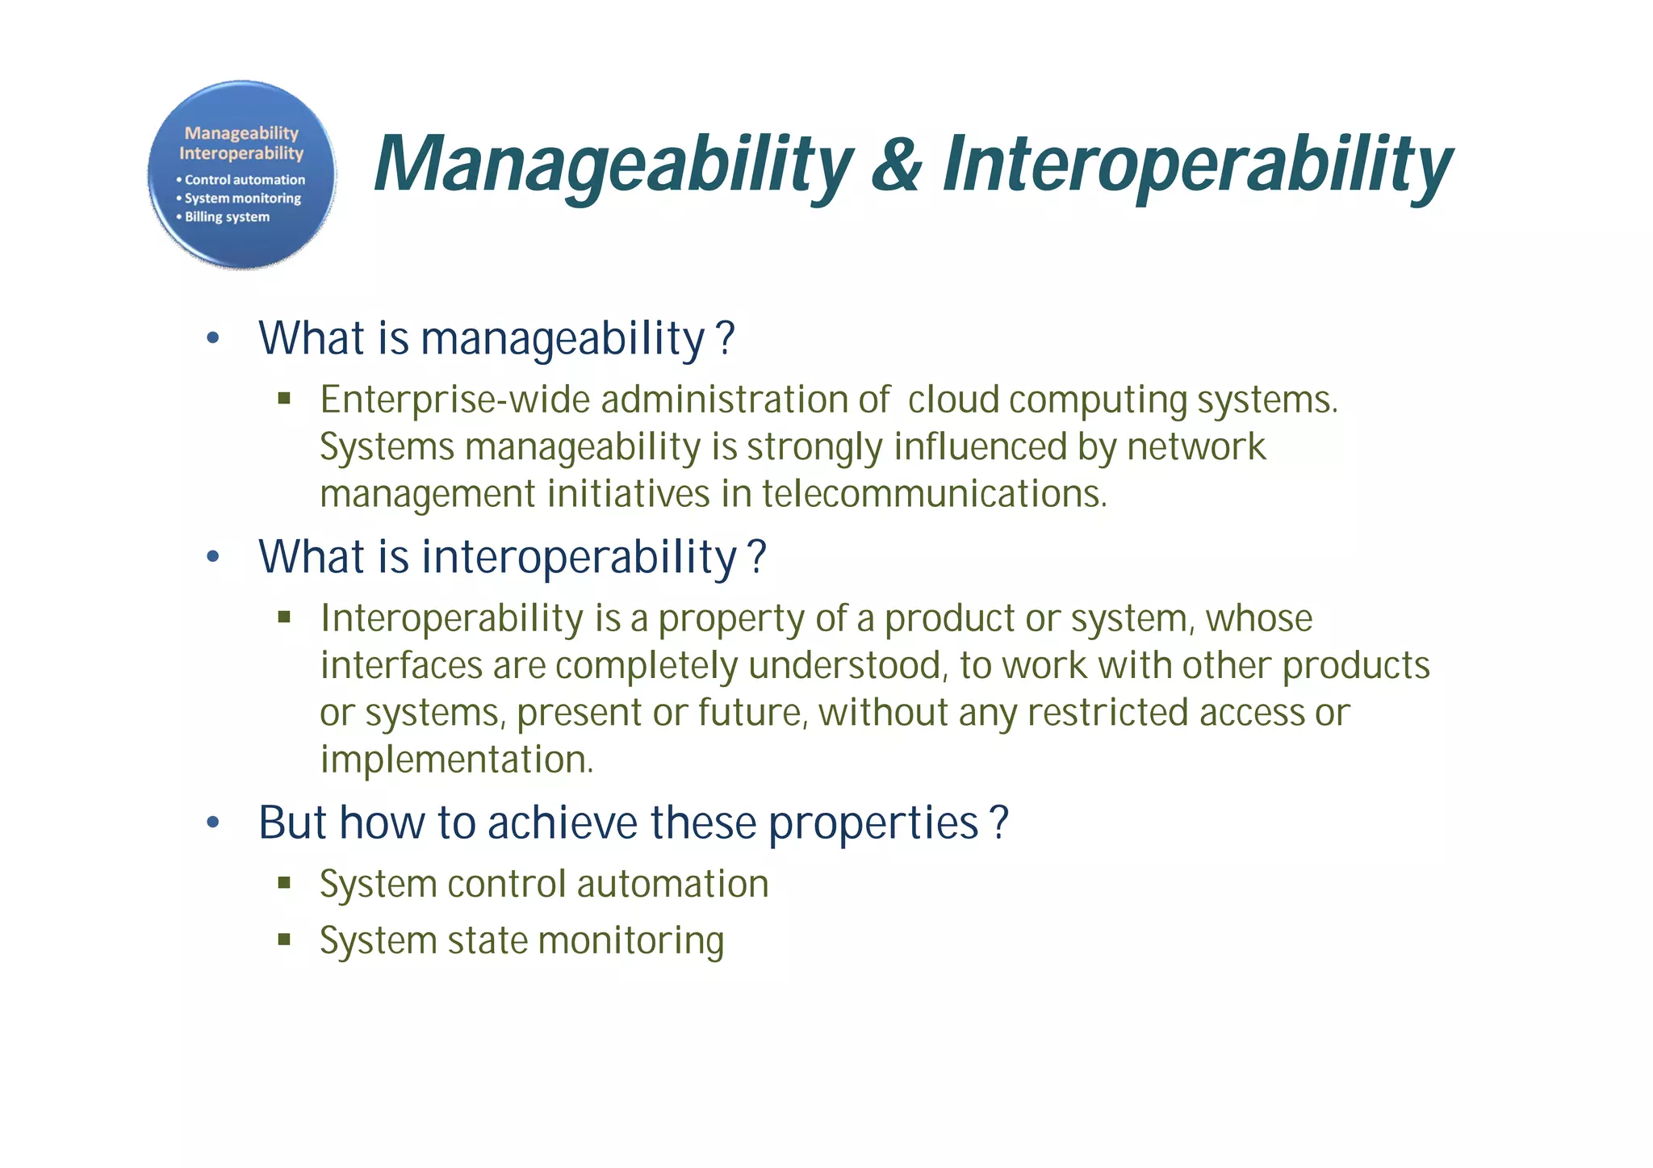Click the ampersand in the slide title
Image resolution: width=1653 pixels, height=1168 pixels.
tap(897, 165)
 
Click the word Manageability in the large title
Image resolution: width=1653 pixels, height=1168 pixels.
tap(613, 165)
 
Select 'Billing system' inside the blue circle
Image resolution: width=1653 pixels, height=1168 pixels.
tap(227, 217)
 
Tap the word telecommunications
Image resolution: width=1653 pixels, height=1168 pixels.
tap(934, 494)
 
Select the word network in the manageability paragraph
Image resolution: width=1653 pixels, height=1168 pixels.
tap(1196, 447)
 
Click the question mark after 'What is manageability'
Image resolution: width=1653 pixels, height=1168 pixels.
tap(726, 338)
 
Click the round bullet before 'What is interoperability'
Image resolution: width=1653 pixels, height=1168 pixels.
tap(212, 557)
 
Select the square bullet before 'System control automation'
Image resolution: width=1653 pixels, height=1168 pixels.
tap(283, 882)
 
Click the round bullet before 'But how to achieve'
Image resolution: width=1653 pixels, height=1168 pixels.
tap(212, 823)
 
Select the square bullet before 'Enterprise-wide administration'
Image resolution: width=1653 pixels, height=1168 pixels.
tap(283, 398)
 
